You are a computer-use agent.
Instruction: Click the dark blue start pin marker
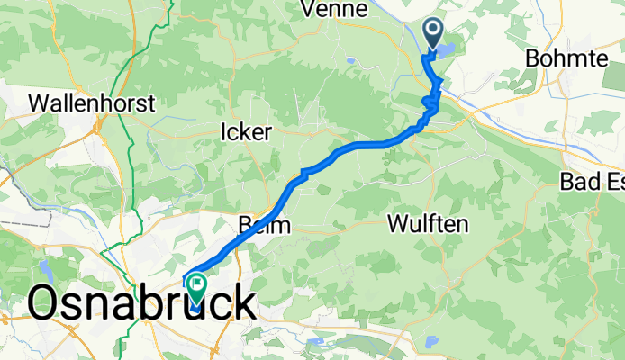[x=433, y=35]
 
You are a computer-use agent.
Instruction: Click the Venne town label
[x=335, y=10]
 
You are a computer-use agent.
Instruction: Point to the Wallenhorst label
[x=93, y=103]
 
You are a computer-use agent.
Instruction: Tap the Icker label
[x=246, y=132]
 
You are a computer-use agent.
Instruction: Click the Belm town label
[x=265, y=226]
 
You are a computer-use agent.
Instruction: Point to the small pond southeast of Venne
[x=349, y=61]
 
